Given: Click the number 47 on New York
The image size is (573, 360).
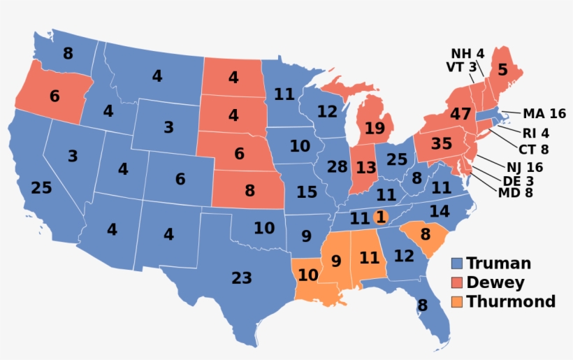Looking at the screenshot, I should [460, 114].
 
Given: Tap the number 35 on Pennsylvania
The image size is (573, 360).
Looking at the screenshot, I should [441, 145].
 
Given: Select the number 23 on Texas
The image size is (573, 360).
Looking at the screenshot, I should [241, 278].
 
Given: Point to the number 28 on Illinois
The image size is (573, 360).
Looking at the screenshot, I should [337, 167].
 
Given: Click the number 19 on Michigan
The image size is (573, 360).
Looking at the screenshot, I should [375, 128].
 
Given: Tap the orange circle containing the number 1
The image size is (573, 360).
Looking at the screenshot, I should [381, 217].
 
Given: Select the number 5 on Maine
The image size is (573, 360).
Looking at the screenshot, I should [502, 70].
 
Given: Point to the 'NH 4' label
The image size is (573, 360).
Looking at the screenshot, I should [467, 54].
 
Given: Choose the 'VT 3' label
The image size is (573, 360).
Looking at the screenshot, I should [460, 67].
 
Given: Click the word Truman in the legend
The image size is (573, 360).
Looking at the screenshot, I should [498, 264].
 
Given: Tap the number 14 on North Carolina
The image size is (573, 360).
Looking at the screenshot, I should [439, 211].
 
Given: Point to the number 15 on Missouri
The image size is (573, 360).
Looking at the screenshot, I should [306, 192].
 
